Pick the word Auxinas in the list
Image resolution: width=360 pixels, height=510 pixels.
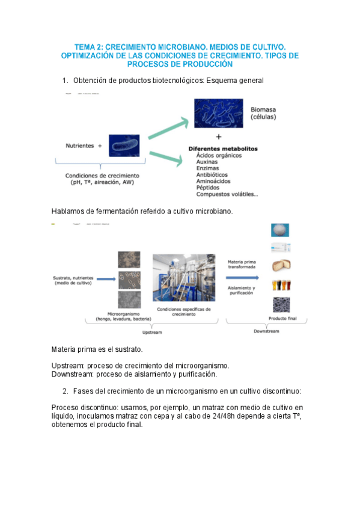coord(209,162)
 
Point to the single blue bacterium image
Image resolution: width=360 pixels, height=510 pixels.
coord(124,146)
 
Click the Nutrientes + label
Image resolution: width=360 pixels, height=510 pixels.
coord(84,146)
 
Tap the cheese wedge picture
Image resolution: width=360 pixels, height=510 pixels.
coord(280,266)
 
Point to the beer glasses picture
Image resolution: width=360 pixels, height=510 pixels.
coord(280,285)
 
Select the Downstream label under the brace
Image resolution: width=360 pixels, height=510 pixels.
coord(264,332)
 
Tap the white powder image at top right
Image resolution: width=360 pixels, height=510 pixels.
coord(280,230)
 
